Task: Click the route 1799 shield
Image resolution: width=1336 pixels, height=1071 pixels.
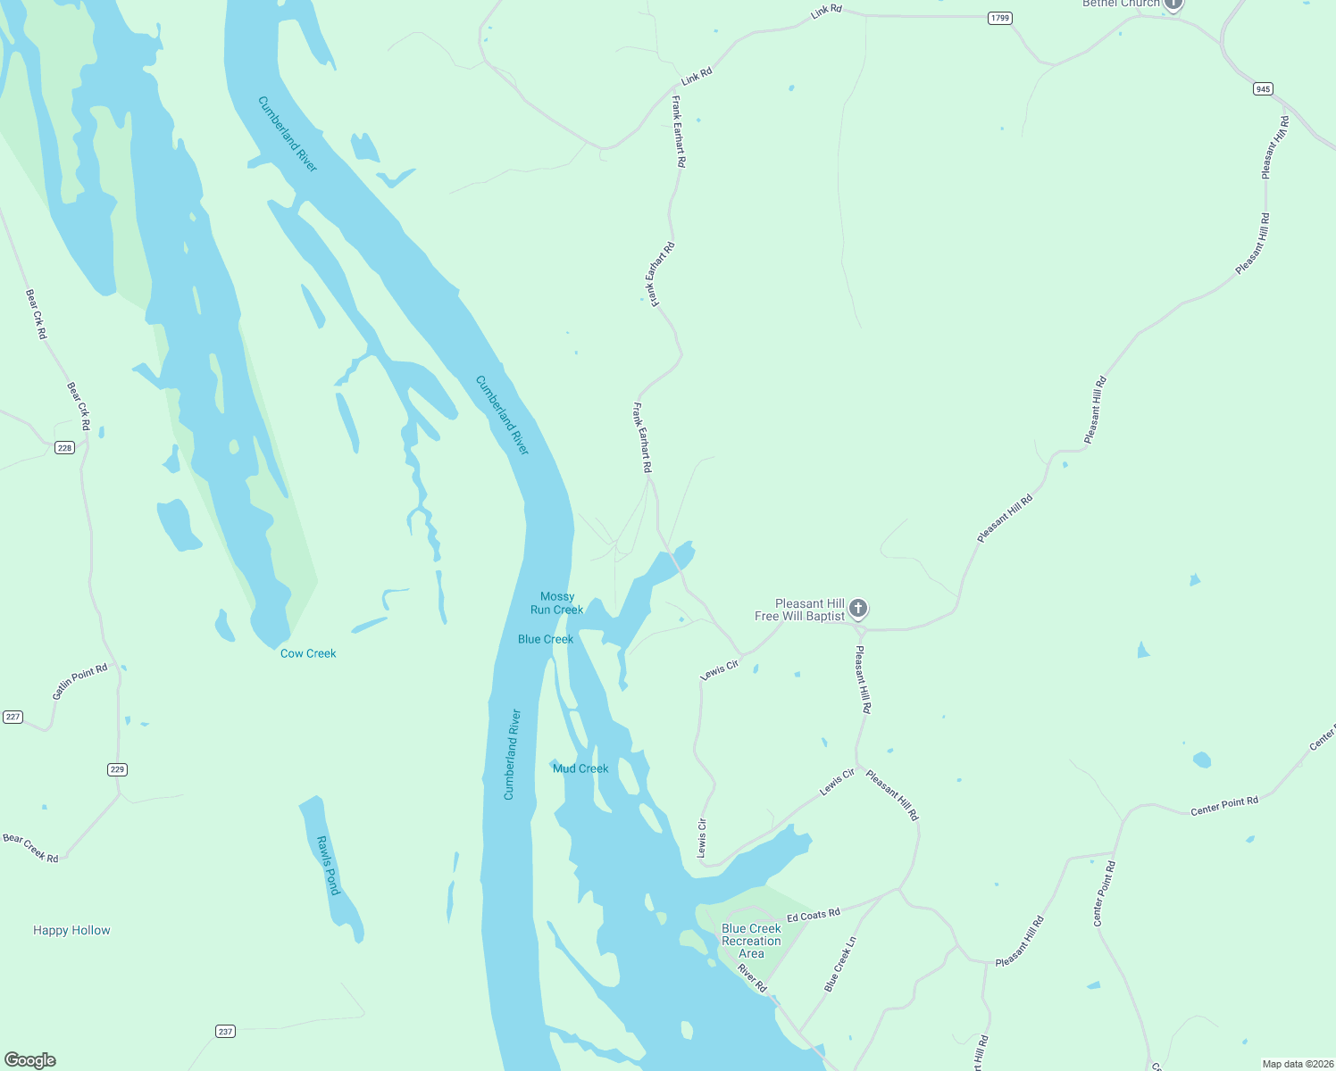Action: pyautogui.click(x=999, y=18)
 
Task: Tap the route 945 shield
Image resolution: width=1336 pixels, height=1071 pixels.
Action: pyautogui.click(x=1263, y=88)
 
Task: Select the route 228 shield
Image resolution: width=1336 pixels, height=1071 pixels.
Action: pyautogui.click(x=64, y=447)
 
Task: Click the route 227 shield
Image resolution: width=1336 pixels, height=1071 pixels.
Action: pyautogui.click(x=13, y=717)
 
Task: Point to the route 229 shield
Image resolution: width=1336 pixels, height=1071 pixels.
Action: pyautogui.click(x=118, y=769)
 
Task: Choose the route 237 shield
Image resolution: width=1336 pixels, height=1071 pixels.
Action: pyautogui.click(x=225, y=1031)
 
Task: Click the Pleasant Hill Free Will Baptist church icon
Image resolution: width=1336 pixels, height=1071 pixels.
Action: pyautogui.click(x=858, y=609)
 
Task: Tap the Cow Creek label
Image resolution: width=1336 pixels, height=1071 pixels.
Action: pyautogui.click(x=308, y=653)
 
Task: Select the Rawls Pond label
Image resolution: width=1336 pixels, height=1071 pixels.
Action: pyautogui.click(x=330, y=865)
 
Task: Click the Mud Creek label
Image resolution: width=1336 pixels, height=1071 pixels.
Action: pyautogui.click(x=580, y=768)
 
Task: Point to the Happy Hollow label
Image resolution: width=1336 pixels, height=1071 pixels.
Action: pyautogui.click(x=71, y=930)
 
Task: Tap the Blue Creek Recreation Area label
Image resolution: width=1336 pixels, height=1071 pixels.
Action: pyautogui.click(x=751, y=941)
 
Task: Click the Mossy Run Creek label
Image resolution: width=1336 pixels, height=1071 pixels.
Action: pyautogui.click(x=557, y=603)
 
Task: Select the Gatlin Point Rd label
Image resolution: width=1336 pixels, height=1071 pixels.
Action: pyautogui.click(x=79, y=682)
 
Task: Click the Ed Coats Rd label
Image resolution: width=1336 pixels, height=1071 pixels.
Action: pyautogui.click(x=814, y=916)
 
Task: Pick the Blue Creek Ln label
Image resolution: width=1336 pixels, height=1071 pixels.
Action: pyautogui.click(x=840, y=964)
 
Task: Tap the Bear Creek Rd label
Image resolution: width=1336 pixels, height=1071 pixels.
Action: pyautogui.click(x=30, y=848)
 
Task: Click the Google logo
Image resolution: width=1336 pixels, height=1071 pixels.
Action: pyautogui.click(x=30, y=1060)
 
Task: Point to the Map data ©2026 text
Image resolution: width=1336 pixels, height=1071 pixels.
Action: pyautogui.click(x=1297, y=1064)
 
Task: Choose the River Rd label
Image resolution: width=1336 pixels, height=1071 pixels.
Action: pyautogui.click(x=753, y=978)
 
